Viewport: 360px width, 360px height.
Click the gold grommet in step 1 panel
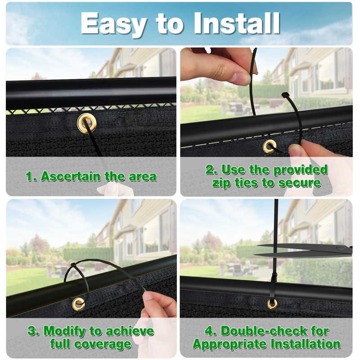(x=87, y=122)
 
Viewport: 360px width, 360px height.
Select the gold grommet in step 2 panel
(x=270, y=146)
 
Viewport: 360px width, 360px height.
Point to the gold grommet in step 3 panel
(x=78, y=304)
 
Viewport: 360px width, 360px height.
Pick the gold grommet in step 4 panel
(x=272, y=304)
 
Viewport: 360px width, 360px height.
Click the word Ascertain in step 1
(x=71, y=176)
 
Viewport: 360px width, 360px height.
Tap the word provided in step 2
(x=301, y=170)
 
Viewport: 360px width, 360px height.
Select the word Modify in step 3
(x=65, y=332)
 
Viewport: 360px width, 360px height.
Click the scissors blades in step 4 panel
(x=303, y=251)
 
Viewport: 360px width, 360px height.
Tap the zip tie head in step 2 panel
(x=285, y=94)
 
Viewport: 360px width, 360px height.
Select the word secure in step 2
(x=299, y=183)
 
